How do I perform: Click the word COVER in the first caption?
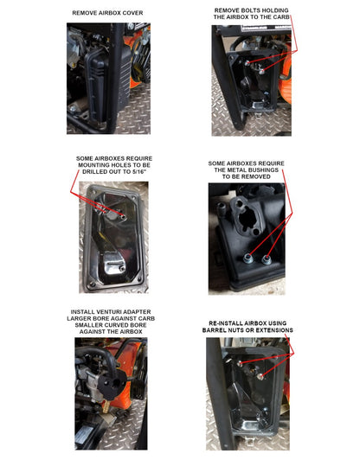pos(132,13)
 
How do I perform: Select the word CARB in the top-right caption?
pos(281,17)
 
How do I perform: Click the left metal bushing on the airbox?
pos(248,259)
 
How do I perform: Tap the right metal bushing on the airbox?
pos(266,260)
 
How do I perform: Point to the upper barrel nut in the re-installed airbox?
pos(240,363)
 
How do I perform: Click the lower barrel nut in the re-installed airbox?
pos(260,377)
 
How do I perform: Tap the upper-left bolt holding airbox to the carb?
pos(247,63)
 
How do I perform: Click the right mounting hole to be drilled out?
pos(123,217)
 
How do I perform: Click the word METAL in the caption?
pos(235,170)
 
